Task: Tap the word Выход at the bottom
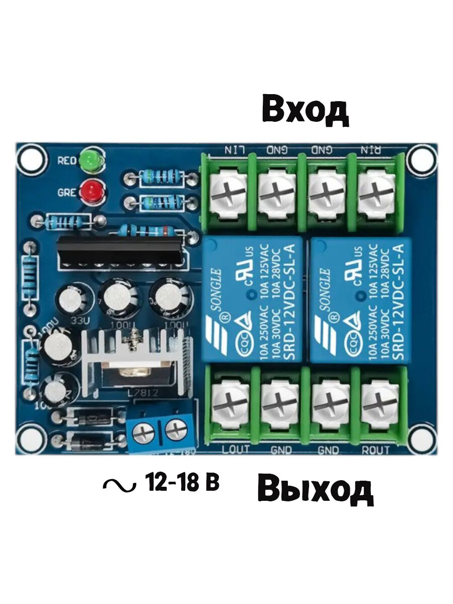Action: [315, 490]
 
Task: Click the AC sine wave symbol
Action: [119, 485]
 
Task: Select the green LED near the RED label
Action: [92, 160]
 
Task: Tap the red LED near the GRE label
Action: [92, 191]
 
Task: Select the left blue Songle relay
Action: [252, 299]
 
